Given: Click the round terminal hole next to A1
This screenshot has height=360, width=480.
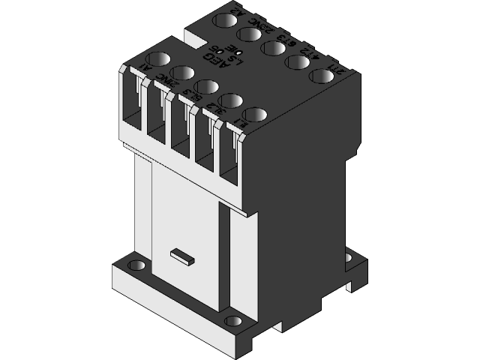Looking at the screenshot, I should click(x=160, y=58).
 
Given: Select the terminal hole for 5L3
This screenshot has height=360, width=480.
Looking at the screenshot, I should click(x=207, y=88).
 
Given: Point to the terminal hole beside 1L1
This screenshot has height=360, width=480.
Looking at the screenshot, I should click(x=255, y=116).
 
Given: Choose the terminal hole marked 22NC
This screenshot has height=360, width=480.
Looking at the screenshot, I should click(x=248, y=34).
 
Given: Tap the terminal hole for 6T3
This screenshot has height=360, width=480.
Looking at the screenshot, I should click(x=273, y=48).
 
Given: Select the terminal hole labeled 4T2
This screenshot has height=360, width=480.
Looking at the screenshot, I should click(x=297, y=62).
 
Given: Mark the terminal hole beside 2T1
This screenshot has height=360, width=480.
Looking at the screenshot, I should click(x=321, y=76).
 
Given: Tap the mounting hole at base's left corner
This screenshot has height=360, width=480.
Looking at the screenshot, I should click(x=136, y=265).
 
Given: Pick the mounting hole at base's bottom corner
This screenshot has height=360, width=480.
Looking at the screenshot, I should click(x=234, y=322).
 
